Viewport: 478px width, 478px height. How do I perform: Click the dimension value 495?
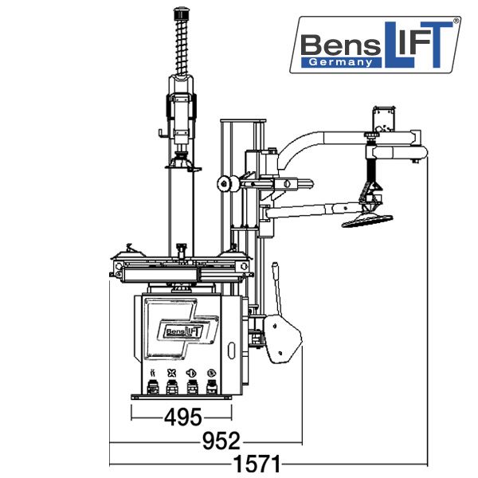point(183,417)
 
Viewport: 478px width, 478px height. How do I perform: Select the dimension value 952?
point(221,441)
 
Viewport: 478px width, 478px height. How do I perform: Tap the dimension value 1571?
point(257,464)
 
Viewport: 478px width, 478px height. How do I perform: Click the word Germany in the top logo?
point(340,62)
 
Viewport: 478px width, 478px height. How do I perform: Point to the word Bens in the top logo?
point(340,45)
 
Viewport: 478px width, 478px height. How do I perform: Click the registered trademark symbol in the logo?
point(456,21)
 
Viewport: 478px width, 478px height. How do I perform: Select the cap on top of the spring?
point(181,13)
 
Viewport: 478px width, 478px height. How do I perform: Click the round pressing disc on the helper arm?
point(367,221)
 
